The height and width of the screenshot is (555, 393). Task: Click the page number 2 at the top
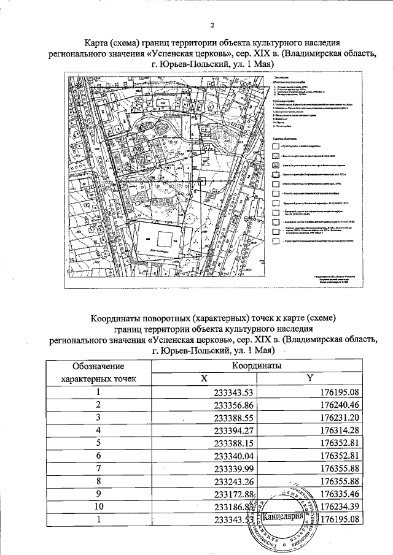coord(211,25)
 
